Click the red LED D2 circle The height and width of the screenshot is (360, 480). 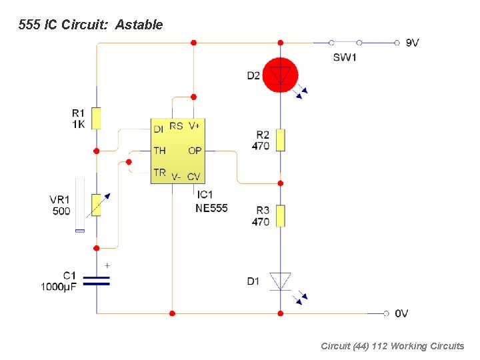[280, 75]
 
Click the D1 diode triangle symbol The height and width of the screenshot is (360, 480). [280, 281]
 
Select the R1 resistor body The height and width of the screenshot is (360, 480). [97, 117]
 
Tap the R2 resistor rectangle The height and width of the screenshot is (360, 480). [280, 140]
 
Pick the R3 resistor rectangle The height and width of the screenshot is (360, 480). [280, 216]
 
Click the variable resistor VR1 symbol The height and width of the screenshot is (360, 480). [97, 205]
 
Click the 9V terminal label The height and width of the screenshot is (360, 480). [412, 43]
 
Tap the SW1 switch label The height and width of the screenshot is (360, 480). [345, 57]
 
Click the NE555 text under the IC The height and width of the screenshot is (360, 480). [211, 208]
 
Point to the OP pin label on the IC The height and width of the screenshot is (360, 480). [194, 151]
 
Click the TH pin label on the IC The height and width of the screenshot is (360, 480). [159, 151]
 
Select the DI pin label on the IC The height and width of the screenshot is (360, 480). [159, 129]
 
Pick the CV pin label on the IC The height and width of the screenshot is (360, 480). [194, 177]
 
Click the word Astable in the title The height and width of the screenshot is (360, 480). [139, 25]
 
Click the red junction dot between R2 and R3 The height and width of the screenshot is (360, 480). [280, 182]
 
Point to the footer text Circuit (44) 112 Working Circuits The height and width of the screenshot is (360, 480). [392, 346]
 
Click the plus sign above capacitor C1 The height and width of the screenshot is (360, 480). [107, 265]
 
